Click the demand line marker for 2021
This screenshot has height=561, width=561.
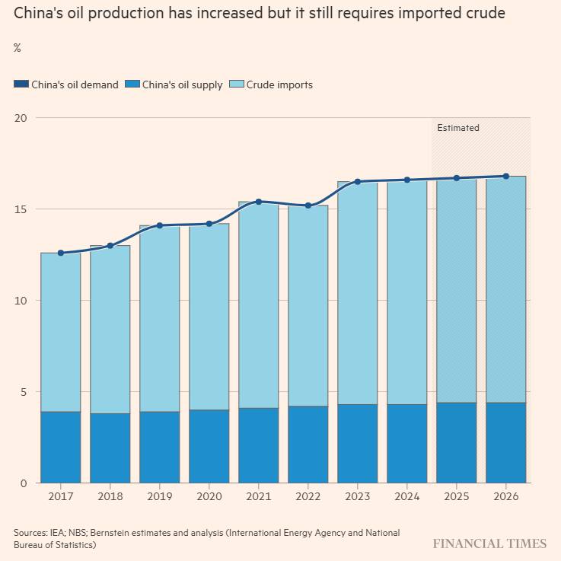tap(259, 202)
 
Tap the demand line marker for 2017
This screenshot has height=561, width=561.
tap(61, 253)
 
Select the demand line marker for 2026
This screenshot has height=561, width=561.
tap(506, 176)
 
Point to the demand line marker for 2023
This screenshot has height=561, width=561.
tap(358, 182)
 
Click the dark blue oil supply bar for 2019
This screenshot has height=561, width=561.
tap(160, 448)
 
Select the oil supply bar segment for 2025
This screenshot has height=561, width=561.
tap(457, 443)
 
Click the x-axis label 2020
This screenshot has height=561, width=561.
tap(209, 496)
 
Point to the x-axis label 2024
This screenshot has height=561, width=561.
tap(407, 496)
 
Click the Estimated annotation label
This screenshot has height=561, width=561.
tap(458, 128)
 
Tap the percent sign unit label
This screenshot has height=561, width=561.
tap(18, 48)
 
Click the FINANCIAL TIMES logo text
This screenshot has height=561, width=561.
tap(489, 543)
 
